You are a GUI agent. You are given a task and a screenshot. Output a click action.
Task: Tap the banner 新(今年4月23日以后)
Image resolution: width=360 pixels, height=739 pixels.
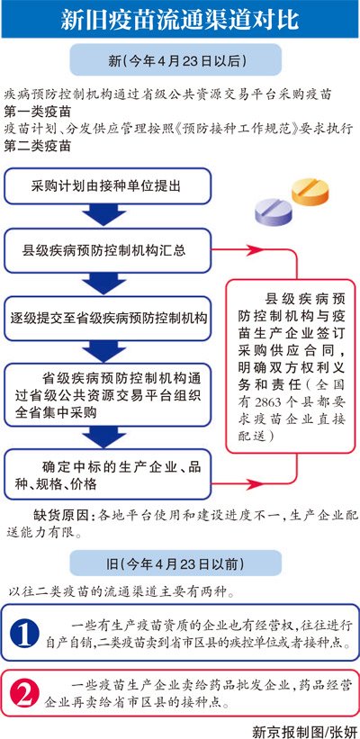coord(175,60)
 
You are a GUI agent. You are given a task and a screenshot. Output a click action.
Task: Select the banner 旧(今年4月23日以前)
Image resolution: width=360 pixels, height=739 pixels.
coord(175,563)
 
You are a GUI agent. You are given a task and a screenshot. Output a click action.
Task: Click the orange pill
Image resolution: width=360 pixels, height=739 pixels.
coord(310,192)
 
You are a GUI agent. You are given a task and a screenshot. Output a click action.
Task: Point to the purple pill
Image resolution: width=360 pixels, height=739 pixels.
coord(274,212)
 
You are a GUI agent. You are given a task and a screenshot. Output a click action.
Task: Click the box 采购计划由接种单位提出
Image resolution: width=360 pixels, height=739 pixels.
coord(107,185)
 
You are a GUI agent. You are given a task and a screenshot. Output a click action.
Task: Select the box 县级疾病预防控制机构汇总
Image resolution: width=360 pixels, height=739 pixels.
coord(107,250)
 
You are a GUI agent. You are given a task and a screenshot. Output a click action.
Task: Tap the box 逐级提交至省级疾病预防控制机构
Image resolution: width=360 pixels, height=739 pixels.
coord(107,318)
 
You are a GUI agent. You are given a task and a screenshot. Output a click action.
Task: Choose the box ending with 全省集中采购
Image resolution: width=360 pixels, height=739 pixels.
coord(107,394)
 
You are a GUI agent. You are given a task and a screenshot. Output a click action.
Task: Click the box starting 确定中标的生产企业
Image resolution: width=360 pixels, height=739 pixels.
coord(107,474)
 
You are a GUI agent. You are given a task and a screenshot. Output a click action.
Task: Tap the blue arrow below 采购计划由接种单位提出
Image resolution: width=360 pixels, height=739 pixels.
coord(104,215)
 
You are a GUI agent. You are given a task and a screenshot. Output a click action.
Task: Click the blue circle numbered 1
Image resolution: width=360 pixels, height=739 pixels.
coord(24,634)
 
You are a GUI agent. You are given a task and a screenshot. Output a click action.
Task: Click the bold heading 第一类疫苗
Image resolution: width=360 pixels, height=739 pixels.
coord(38,113)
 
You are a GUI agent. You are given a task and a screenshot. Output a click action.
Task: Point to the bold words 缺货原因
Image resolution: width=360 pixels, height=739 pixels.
coord(59,515)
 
